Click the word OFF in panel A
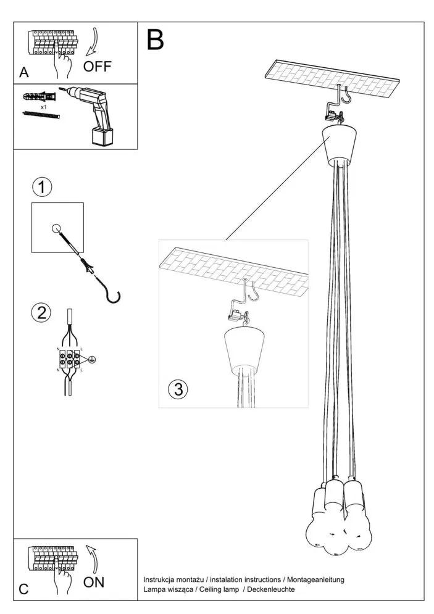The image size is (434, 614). click(98, 66)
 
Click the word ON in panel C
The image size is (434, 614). click(94, 582)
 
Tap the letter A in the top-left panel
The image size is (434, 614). click(24, 73)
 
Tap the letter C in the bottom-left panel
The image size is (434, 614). click(23, 589)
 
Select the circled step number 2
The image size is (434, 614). click(41, 312)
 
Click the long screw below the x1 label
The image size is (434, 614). click(41, 115)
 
